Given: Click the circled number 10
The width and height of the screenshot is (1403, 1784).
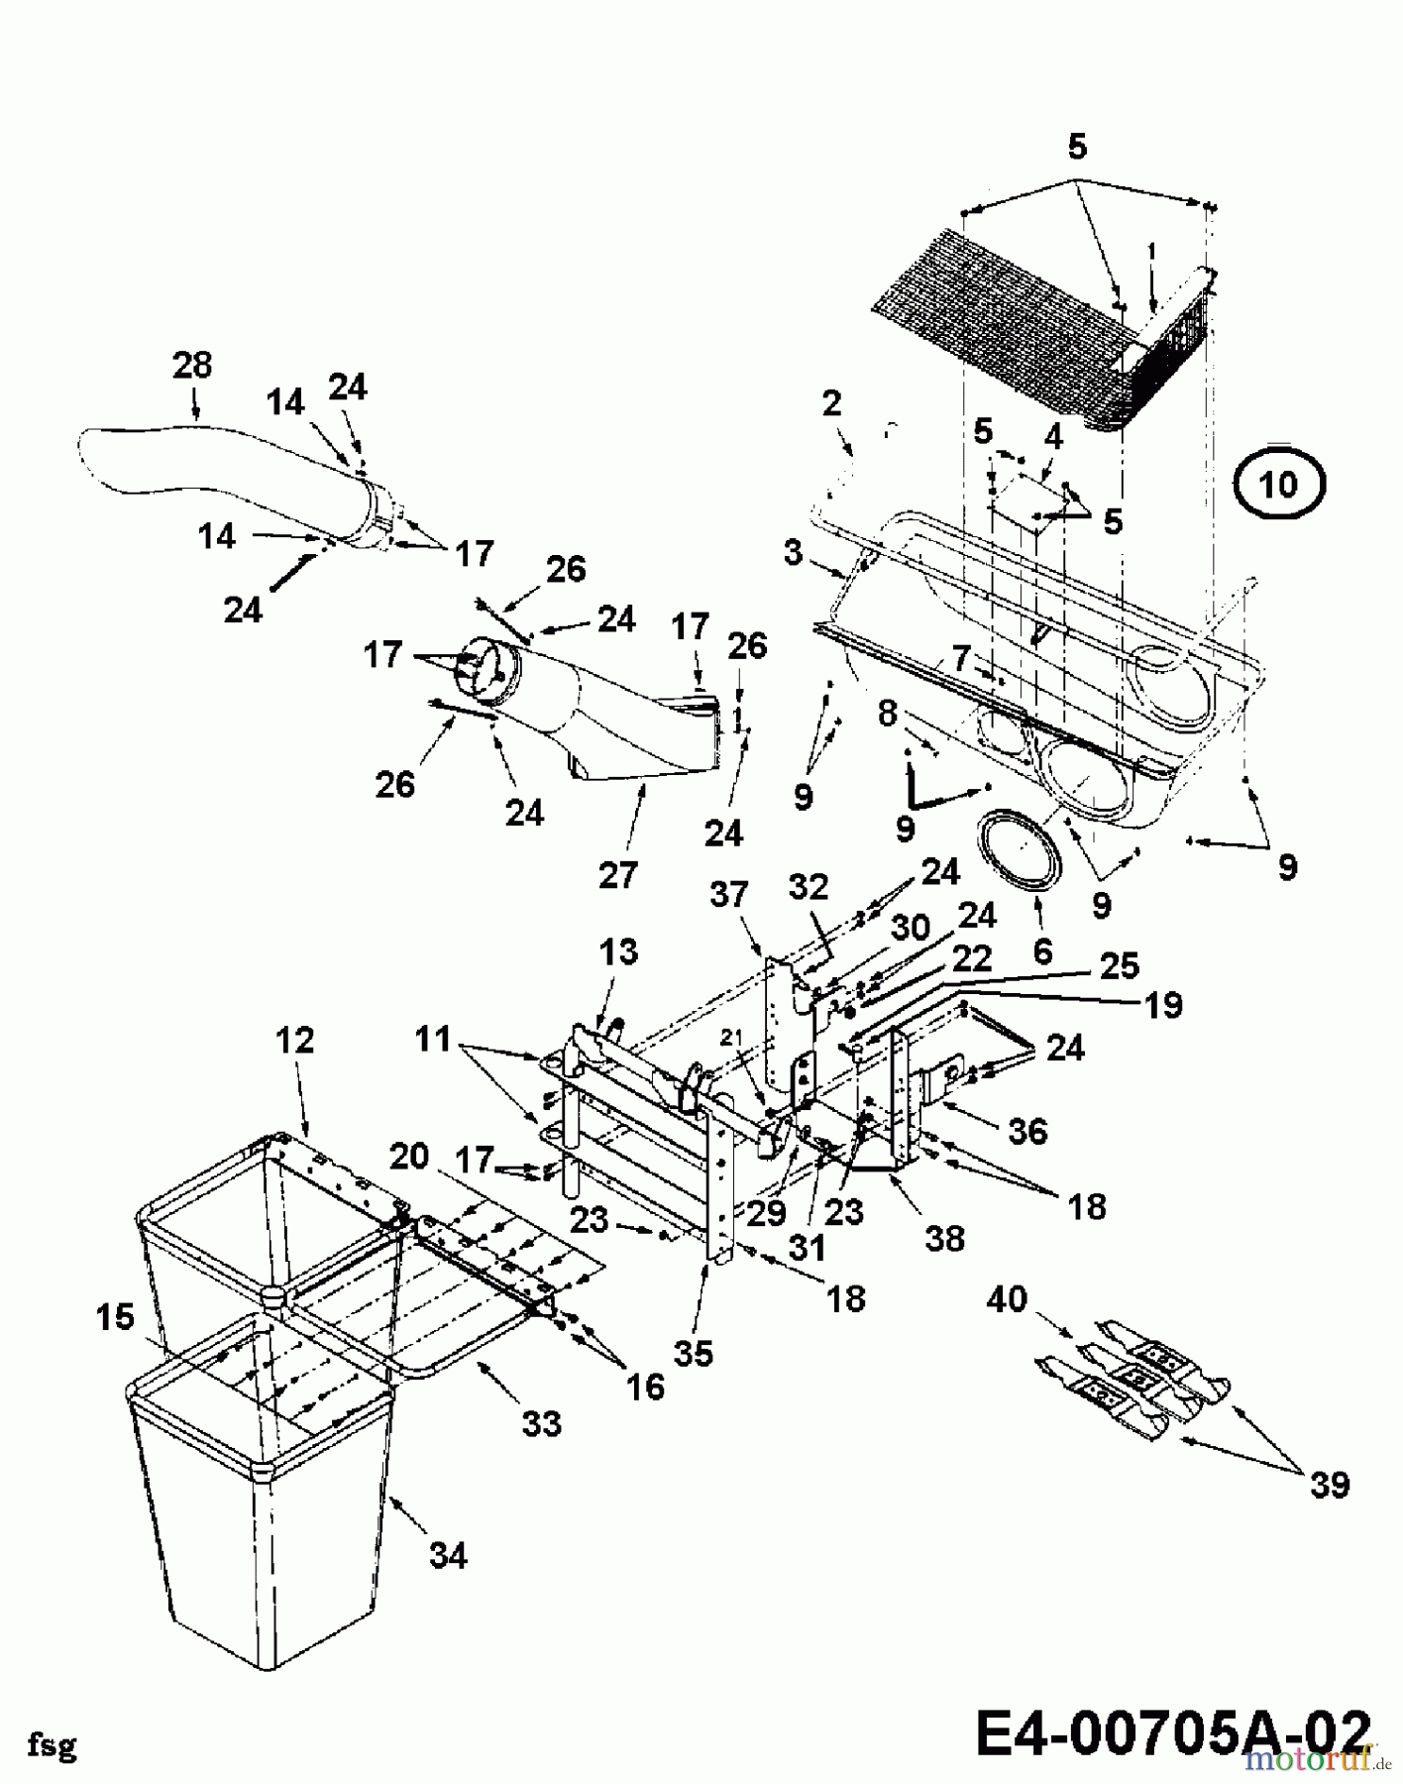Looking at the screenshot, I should pyautogui.click(x=1279, y=485).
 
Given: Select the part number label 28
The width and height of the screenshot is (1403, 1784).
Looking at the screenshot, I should pyautogui.click(x=192, y=365).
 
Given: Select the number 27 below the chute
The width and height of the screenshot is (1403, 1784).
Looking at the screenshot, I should pyautogui.click(x=618, y=874).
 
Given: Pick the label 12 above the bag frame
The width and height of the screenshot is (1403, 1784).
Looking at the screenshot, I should pyautogui.click(x=295, y=1040).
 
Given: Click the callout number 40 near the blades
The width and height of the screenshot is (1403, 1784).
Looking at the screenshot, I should pyautogui.click(x=1008, y=1298).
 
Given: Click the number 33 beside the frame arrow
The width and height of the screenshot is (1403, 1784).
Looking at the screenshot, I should pyautogui.click(x=541, y=1423).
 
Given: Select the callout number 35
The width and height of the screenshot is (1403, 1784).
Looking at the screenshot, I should pyautogui.click(x=693, y=1352).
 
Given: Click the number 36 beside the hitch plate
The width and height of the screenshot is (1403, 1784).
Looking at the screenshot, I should pyautogui.click(x=1026, y=1131).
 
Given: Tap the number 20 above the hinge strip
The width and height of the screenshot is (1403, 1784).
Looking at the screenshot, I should pyautogui.click(x=409, y=1156).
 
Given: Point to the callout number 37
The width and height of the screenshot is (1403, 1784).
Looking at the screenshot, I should pyautogui.click(x=729, y=895).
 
